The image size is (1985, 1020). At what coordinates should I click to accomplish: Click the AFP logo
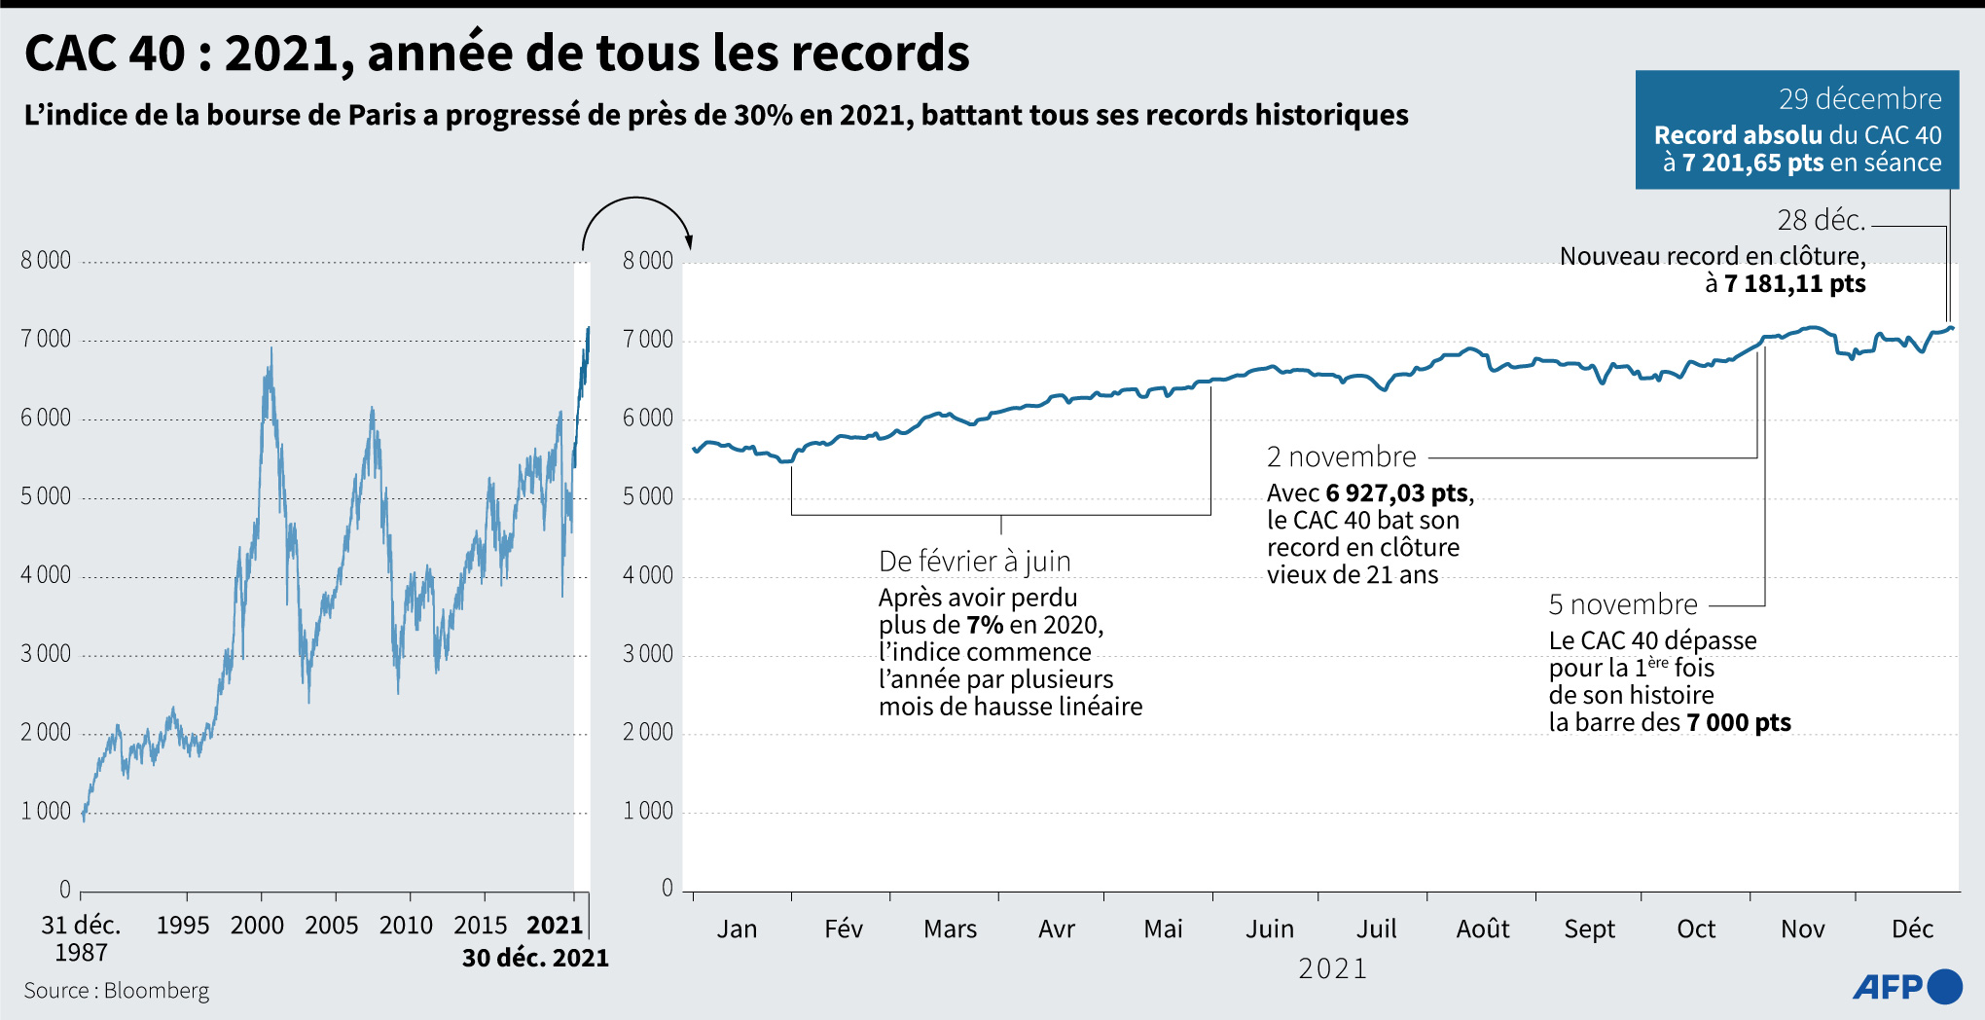coord(1906,986)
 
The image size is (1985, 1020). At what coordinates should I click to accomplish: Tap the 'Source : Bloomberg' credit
coord(117,990)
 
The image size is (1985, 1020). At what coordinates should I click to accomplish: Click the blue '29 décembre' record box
coord(1796,129)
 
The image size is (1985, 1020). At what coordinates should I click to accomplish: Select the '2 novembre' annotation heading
coord(1341,456)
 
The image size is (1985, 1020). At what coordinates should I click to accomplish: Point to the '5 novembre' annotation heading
coord(1622,604)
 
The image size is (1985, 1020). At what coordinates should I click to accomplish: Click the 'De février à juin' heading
coord(974,562)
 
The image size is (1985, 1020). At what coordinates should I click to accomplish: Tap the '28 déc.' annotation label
coord(1821,221)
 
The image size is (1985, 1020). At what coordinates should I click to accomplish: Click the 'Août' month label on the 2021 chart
coord(1482,929)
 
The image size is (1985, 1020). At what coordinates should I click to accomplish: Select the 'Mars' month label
coord(950,929)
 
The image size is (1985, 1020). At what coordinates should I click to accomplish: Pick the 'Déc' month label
coord(1911,929)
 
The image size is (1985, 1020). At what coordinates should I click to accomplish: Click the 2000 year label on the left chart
coord(257,925)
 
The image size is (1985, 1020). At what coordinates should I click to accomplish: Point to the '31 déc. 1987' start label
coord(81,937)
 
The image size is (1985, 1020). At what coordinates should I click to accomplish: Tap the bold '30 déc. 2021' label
coord(535,958)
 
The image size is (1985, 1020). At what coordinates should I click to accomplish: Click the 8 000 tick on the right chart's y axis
coord(647,261)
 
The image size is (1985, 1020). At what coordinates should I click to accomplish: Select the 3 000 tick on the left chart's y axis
coord(46,654)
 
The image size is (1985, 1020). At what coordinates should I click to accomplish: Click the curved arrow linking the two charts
coord(636,216)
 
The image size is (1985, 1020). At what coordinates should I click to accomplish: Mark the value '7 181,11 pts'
coord(1794,284)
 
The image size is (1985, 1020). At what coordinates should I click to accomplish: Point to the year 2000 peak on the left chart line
coord(271,349)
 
